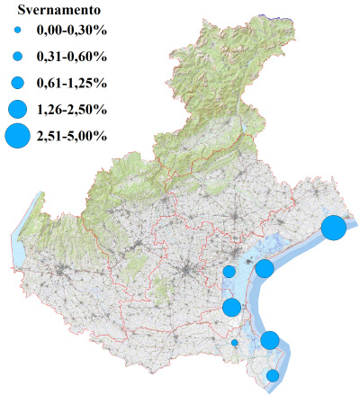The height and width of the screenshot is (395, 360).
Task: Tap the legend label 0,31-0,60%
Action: [71, 57]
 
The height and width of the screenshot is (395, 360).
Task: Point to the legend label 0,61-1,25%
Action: [71, 83]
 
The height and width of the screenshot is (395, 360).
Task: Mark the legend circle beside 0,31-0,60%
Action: [17, 57]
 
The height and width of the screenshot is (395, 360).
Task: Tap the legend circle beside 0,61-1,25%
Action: [17, 83]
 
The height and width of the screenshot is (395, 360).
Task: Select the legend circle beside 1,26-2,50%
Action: [17, 109]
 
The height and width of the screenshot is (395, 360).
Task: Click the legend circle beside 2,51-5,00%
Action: [17, 136]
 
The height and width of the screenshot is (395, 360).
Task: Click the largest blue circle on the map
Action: [334, 228]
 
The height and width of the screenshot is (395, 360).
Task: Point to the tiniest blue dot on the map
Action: [235, 342]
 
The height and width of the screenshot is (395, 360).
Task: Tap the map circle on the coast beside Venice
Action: [265, 268]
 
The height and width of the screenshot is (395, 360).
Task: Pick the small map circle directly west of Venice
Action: [229, 272]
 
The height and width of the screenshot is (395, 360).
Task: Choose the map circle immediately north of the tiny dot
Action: [231, 308]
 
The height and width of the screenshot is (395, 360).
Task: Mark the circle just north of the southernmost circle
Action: [270, 340]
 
